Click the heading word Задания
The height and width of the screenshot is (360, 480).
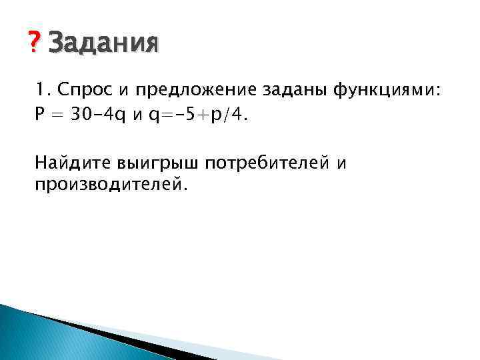[104, 44]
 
